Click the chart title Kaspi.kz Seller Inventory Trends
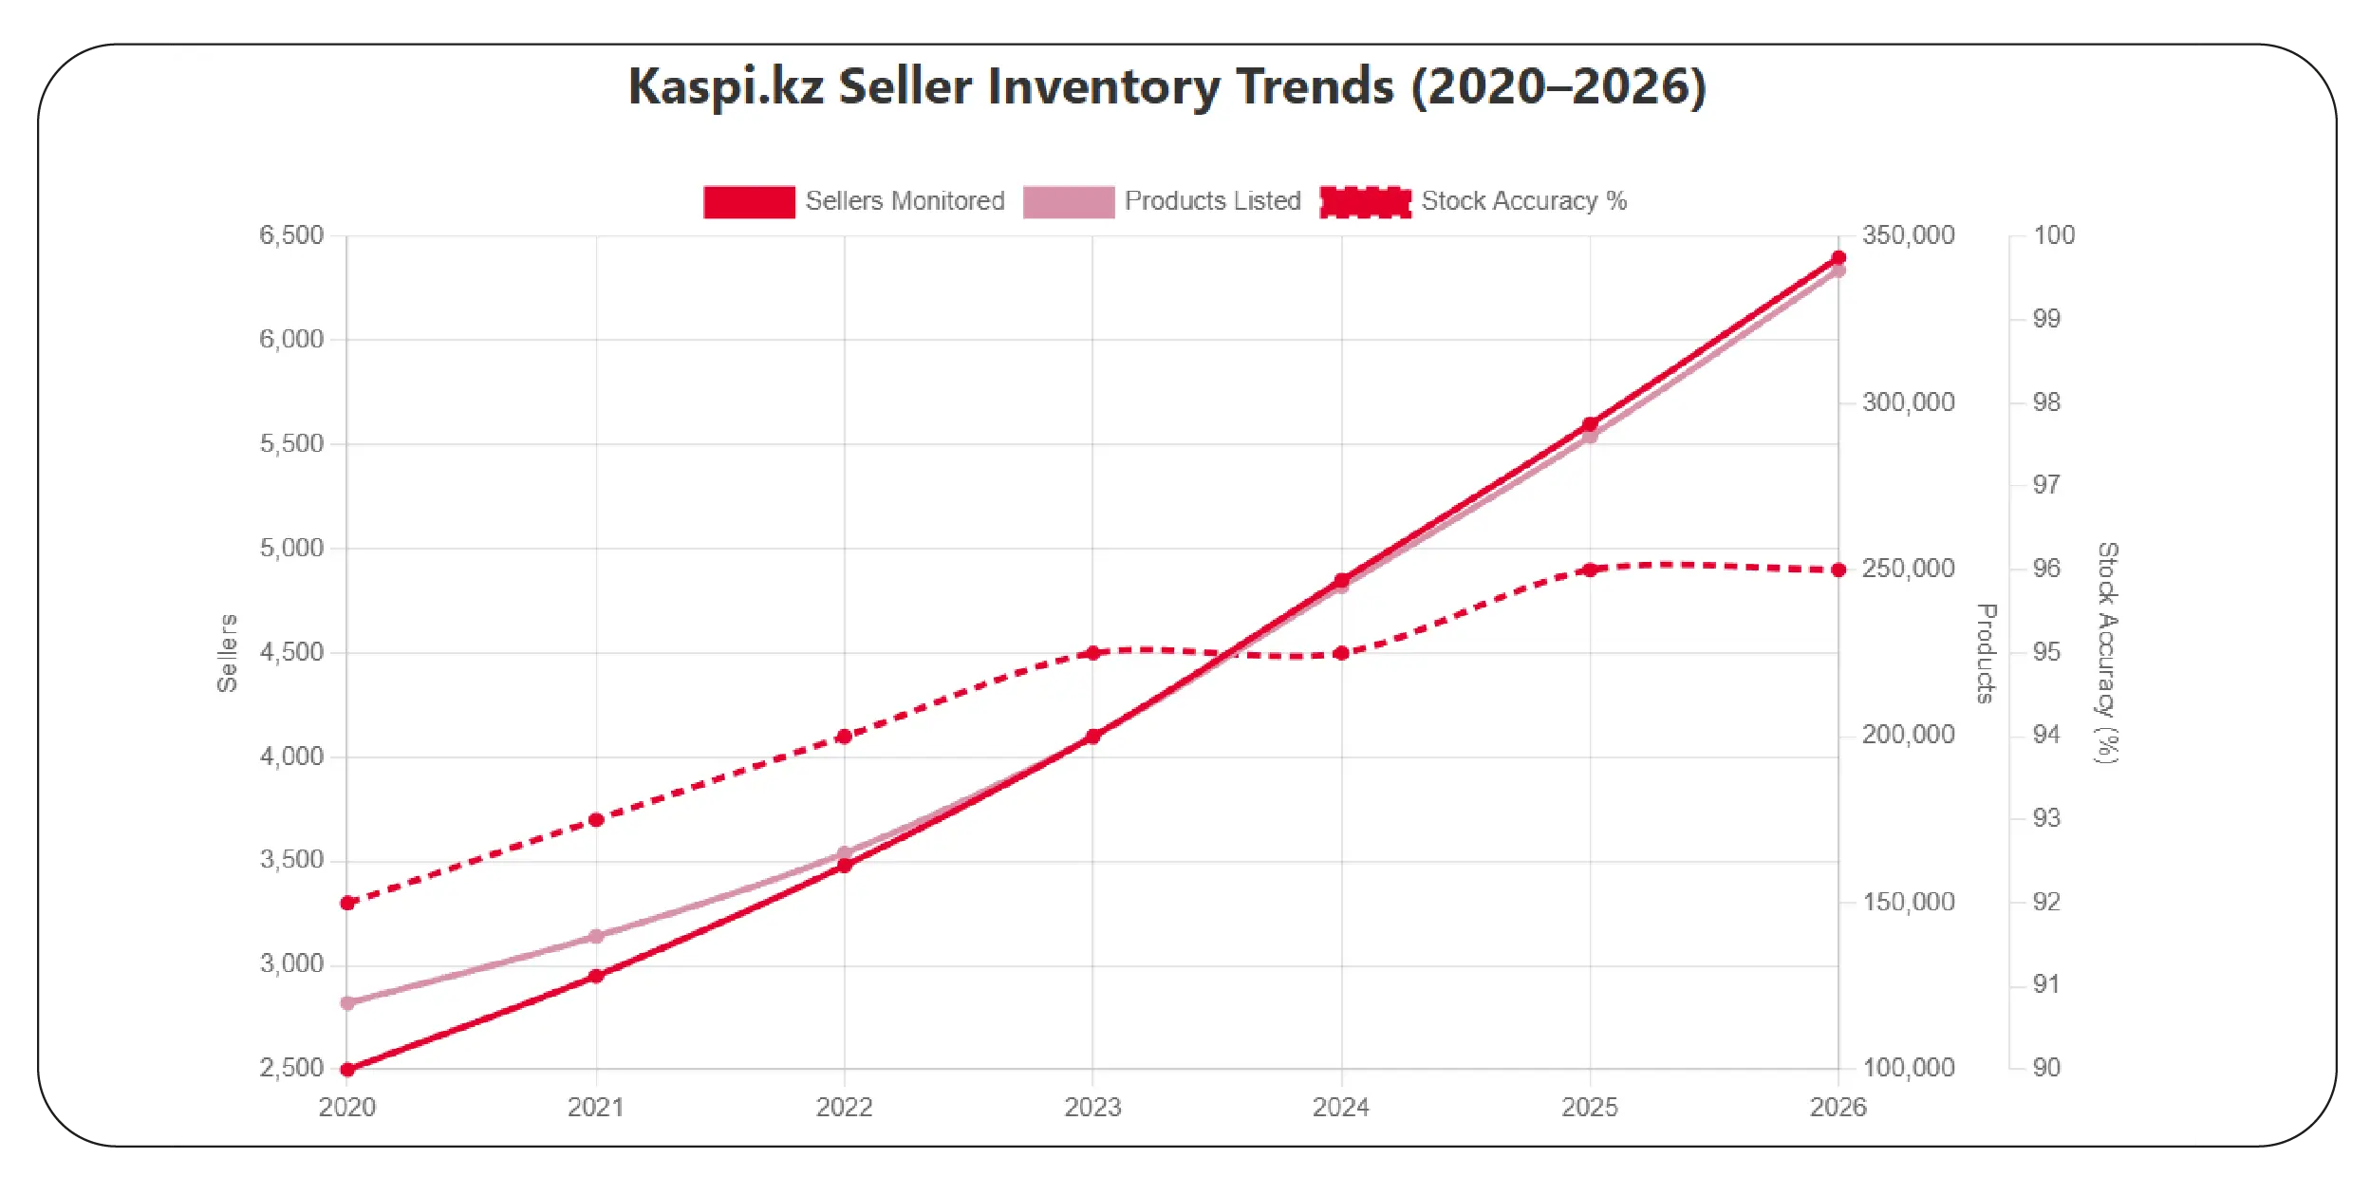coord(1166,86)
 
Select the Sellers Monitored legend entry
coord(853,201)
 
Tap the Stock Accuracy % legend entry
coord(1473,201)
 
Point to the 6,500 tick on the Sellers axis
coord(291,235)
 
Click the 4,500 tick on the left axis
coord(291,652)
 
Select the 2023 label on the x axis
coord(1092,1107)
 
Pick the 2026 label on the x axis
coord(1838,1107)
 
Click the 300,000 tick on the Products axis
coord(1908,402)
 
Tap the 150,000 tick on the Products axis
coord(1908,902)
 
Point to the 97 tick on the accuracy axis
coord(2046,485)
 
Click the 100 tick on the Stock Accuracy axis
coord(2053,235)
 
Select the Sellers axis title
coord(227,652)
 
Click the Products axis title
coord(1986,652)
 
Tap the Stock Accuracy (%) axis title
coord(2107,652)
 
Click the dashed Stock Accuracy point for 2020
coord(347,903)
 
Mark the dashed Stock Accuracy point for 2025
coord(1590,570)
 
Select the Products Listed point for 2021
coord(596,936)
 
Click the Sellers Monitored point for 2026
coord(1838,257)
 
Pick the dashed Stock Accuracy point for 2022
coord(845,737)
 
